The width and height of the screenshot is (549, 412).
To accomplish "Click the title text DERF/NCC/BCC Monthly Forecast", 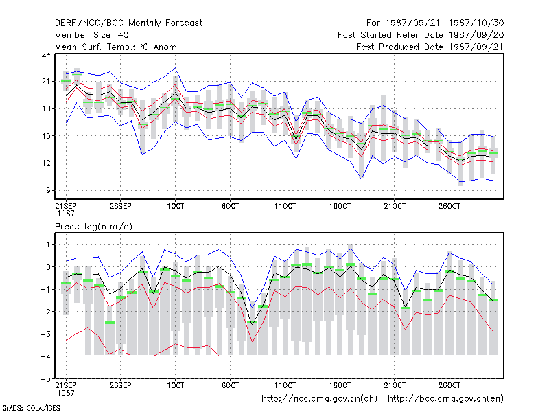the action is [x=128, y=23].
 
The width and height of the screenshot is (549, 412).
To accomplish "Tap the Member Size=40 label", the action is [x=92, y=35].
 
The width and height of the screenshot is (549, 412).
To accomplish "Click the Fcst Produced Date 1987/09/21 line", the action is [x=430, y=47].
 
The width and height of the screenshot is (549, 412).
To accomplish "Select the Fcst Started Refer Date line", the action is [x=421, y=35].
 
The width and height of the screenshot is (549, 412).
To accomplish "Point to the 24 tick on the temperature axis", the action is [x=46, y=54].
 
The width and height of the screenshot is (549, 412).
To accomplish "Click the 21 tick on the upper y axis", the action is [x=46, y=82].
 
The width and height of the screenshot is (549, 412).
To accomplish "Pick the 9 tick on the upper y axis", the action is [x=48, y=191].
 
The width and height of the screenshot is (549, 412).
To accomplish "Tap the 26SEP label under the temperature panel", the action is [x=121, y=206].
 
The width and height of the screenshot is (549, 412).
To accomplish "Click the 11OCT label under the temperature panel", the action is [x=285, y=206].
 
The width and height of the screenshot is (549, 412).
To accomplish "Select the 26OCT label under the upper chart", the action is [x=449, y=206].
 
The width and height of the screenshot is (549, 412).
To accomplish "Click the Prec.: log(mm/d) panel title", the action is [x=94, y=227].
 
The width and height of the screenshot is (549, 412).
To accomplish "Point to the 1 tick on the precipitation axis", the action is [x=48, y=245].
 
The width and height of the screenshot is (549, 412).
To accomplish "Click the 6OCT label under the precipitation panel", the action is [x=230, y=385].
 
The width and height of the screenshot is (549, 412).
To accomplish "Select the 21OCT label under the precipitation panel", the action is [x=395, y=385].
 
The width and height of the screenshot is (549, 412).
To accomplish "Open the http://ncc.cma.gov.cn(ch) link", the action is [x=319, y=399].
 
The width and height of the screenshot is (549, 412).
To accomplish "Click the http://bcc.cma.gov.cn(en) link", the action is [x=445, y=399].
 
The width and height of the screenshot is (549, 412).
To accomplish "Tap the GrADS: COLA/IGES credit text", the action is [x=31, y=408].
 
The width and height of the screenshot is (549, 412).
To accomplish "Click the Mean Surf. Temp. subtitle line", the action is [x=117, y=47].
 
